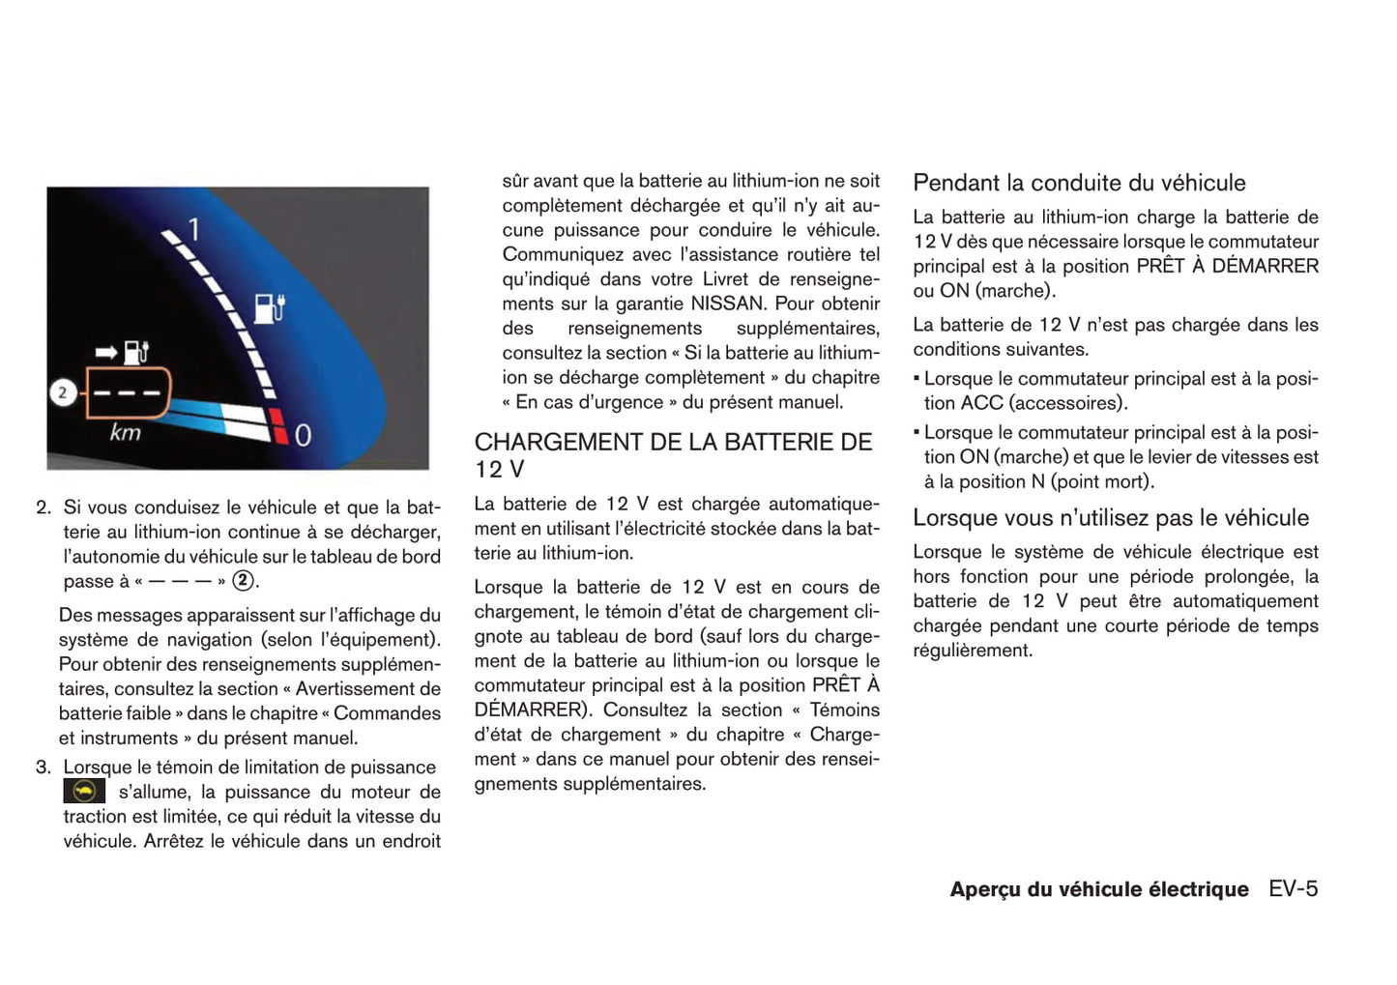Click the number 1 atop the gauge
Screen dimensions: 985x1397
coord(194,230)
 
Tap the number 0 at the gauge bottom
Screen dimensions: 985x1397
coord(303,436)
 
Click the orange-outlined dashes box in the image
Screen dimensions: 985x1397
coord(128,393)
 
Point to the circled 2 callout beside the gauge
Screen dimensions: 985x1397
coord(63,392)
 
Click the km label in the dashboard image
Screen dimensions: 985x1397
coord(125,432)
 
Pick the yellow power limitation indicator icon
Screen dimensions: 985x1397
coord(84,792)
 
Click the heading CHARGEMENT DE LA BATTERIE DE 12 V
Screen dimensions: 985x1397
coord(673,455)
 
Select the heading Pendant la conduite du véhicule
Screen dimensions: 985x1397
coord(1079,183)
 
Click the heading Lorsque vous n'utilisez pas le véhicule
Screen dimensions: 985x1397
coord(1111,518)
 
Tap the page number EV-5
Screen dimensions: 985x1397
coord(1294,889)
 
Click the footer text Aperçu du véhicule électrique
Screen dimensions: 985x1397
coord(1099,890)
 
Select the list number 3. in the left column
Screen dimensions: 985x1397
coord(44,768)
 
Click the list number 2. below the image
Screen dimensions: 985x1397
coord(44,507)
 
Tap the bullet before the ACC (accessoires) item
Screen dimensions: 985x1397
coord(917,379)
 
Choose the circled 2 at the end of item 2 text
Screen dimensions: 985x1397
coord(244,581)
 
